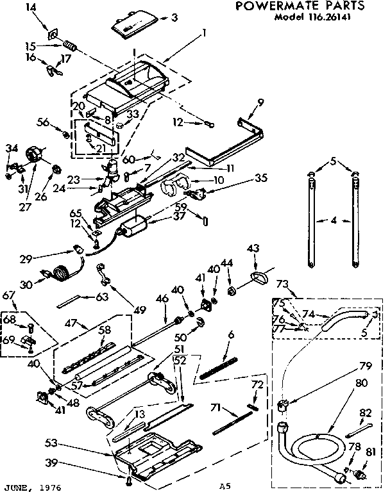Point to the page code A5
click(224, 487)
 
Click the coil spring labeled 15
click(69, 46)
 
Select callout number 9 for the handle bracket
click(260, 102)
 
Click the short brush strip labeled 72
click(254, 403)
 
